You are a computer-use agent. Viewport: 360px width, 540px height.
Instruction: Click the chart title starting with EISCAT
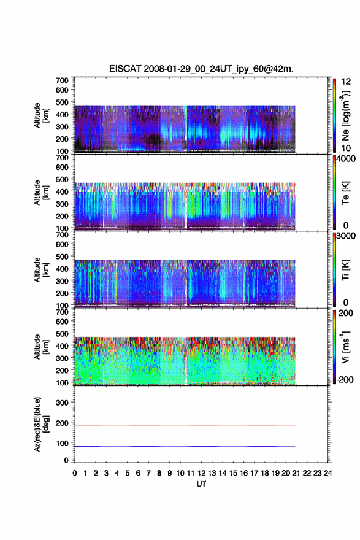[201, 69]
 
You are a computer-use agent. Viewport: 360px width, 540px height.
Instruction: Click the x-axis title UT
[201, 484]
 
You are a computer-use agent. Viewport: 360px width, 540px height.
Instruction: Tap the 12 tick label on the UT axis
[201, 473]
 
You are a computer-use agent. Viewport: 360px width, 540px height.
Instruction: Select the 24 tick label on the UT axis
[328, 473]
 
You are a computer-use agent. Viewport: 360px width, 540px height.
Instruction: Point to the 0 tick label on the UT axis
[75, 473]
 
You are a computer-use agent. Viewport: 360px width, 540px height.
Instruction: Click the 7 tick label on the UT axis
[148, 473]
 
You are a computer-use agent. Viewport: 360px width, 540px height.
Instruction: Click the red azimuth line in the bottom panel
[185, 426]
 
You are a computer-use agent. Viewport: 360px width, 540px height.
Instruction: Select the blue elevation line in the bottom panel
[185, 446]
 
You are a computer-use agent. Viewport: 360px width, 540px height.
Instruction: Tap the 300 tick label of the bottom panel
[62, 403]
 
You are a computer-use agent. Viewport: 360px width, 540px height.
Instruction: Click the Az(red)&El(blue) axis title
[40, 424]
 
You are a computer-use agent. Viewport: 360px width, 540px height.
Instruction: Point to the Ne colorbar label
[345, 116]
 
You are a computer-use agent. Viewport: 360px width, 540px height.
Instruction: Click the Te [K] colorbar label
[345, 193]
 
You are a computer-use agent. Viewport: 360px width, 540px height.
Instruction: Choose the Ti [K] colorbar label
[345, 270]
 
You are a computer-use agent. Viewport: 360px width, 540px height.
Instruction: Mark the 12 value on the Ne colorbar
[346, 82]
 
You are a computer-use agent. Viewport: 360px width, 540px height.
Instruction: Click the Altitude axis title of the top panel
[40, 115]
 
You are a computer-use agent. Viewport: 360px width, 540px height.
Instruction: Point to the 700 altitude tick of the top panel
[62, 80]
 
